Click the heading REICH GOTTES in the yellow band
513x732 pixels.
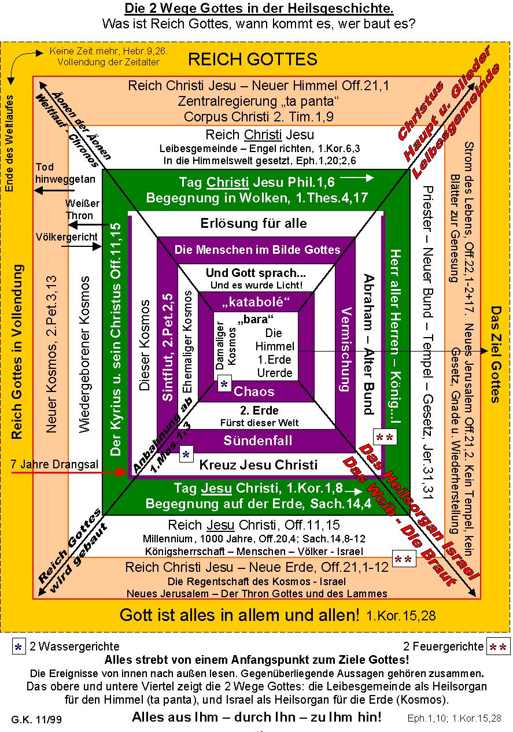click(253, 59)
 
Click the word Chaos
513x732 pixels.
click(254, 391)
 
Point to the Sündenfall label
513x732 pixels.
click(258, 441)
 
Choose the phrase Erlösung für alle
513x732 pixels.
click(254, 223)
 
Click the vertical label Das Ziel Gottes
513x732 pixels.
click(495, 354)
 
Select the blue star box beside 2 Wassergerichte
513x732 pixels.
click(19, 646)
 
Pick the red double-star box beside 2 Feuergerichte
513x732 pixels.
click(498, 646)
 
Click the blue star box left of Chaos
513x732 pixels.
click(224, 385)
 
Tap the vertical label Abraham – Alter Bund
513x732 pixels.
click(367, 343)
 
